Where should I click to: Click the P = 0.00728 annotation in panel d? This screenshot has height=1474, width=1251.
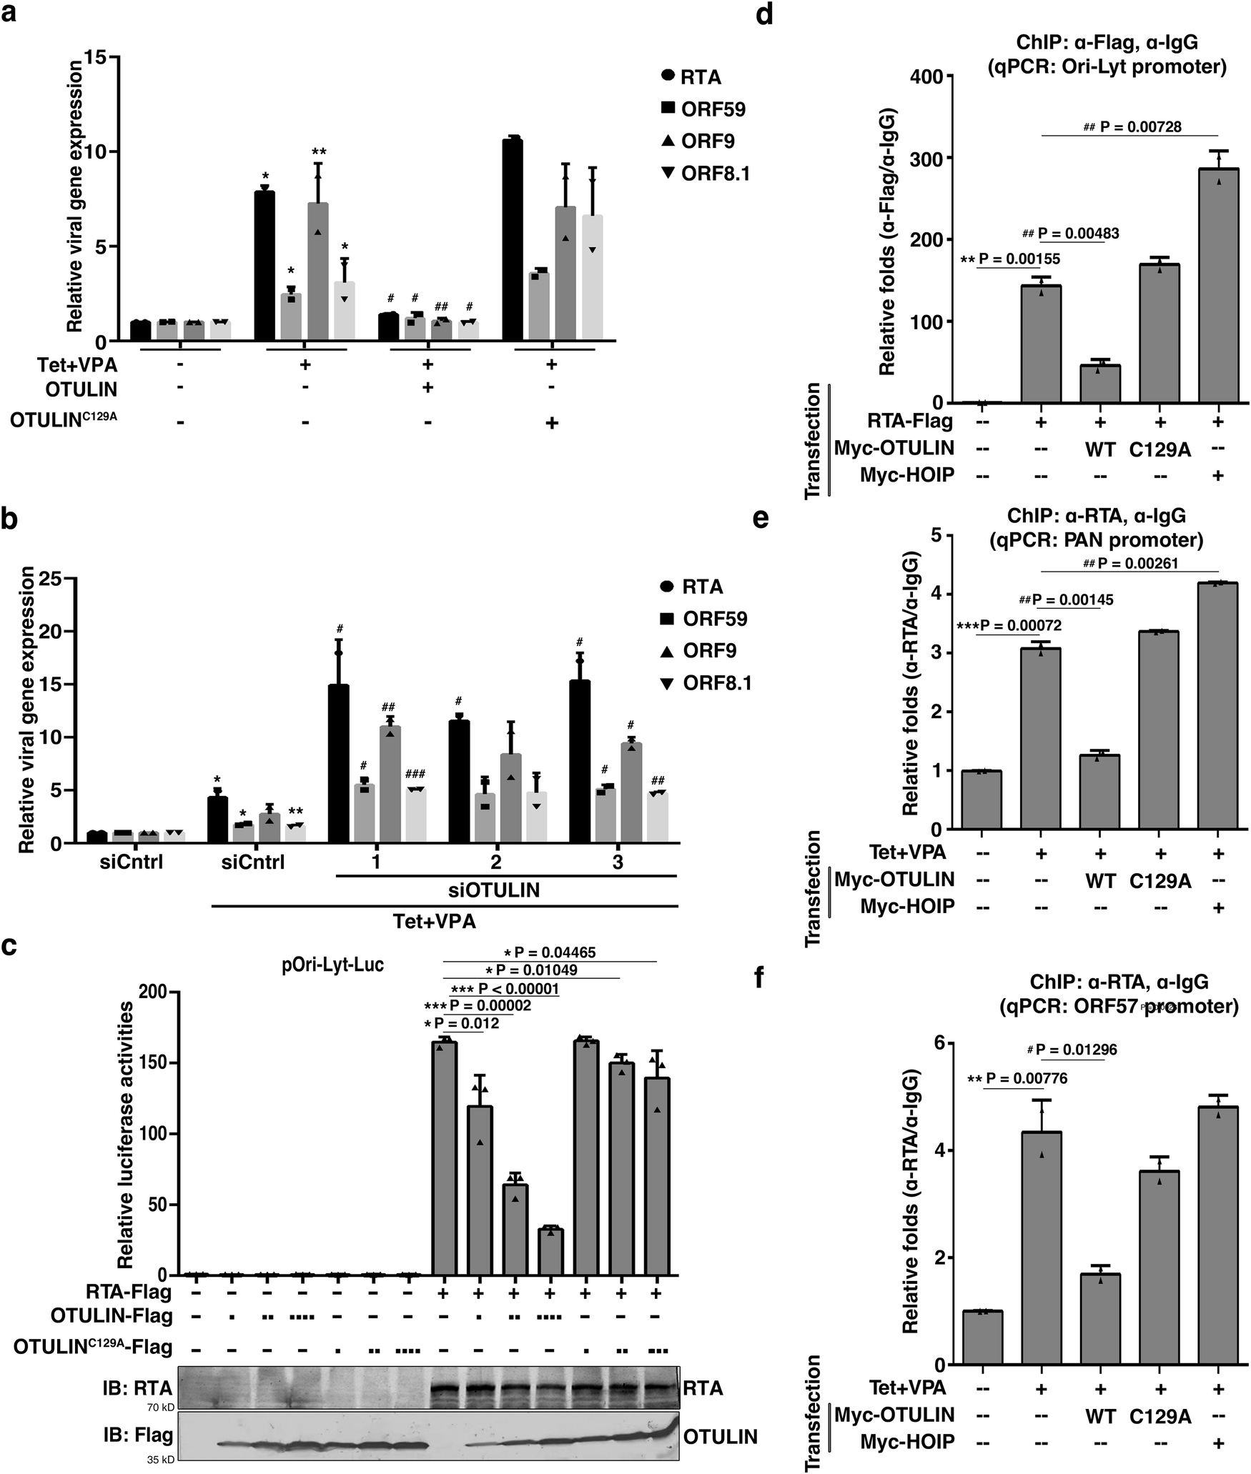click(x=1139, y=127)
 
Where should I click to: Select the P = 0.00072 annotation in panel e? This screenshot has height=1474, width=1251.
click(x=1019, y=626)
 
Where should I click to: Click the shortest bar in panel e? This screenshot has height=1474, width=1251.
click(x=981, y=800)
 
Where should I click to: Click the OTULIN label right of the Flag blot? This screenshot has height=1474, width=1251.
click(x=720, y=1437)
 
